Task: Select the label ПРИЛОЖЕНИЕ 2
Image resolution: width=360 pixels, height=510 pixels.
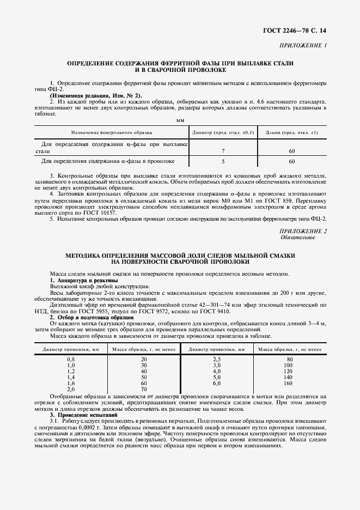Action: (302, 231)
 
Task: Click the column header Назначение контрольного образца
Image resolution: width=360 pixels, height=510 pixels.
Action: (112, 132)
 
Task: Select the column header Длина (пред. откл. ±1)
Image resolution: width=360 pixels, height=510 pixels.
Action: (291, 132)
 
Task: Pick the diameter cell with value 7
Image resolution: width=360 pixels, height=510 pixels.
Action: (223, 150)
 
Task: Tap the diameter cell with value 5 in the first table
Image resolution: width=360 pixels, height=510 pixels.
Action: (223, 161)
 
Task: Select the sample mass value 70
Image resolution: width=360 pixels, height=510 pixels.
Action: (144, 390)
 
